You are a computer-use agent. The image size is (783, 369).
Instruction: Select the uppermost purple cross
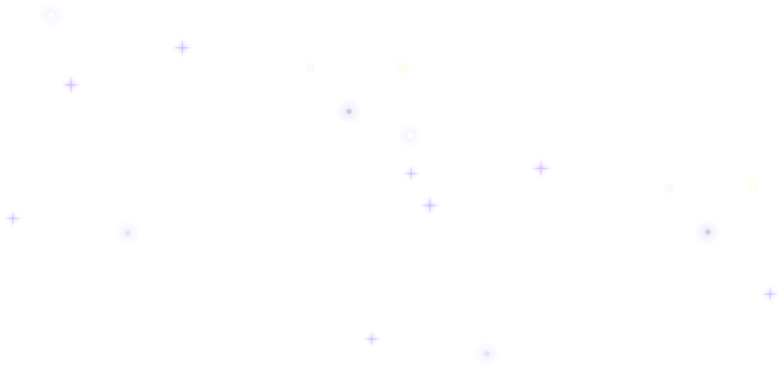coord(182,47)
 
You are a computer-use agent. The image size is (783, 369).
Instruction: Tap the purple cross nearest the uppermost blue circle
coord(71,85)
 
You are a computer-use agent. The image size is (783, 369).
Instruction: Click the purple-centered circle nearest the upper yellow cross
coord(348,111)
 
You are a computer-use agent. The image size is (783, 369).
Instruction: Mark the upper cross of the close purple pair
coord(411,173)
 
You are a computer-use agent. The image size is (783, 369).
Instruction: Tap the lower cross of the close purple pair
coord(430,205)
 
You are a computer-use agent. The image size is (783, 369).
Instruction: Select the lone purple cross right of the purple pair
coord(540,168)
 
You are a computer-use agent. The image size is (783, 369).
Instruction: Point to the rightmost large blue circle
coord(707,232)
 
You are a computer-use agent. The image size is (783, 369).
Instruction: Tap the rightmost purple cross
coord(770,294)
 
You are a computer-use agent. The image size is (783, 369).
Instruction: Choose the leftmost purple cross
coord(12,218)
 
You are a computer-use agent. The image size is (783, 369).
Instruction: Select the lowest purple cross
coord(372,339)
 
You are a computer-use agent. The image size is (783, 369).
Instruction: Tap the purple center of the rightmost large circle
coord(707,232)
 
